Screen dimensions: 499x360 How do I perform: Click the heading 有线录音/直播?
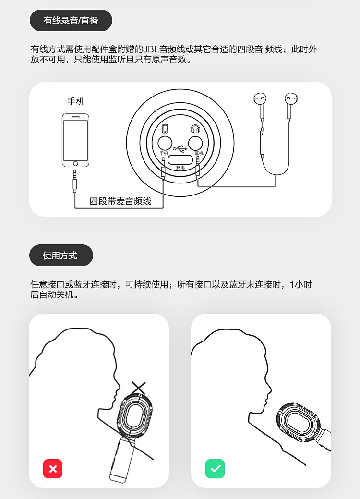coord(71,21)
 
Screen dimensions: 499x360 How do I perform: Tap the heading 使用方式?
coord(60,255)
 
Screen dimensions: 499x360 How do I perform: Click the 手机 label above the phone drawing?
coord(76,101)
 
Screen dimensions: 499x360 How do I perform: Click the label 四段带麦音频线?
coord(120,201)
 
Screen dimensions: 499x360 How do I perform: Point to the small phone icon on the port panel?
coord(165,129)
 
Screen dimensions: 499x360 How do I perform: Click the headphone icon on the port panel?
coord(195,129)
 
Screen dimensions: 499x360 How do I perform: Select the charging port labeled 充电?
coord(180,160)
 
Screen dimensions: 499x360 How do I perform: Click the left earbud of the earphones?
coord(260,99)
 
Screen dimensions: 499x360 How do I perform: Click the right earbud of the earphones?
coord(291,99)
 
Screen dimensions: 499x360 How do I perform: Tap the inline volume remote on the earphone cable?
coord(262,142)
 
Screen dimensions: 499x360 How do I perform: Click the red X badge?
coord(53,469)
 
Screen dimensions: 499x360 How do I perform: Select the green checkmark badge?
coord(215,469)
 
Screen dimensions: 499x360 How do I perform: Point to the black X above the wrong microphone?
coord(138,387)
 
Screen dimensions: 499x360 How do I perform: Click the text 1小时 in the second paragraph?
coord(300,284)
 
